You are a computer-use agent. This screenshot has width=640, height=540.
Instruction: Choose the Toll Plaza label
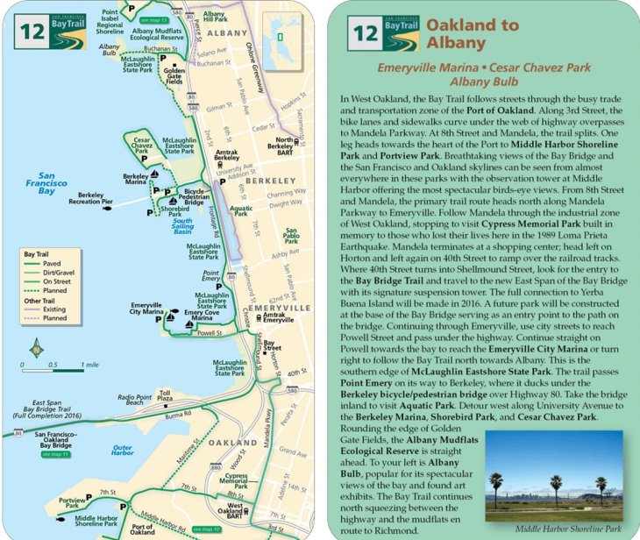[x=163, y=396]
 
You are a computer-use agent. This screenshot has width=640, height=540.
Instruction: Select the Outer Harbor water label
[x=123, y=451]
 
